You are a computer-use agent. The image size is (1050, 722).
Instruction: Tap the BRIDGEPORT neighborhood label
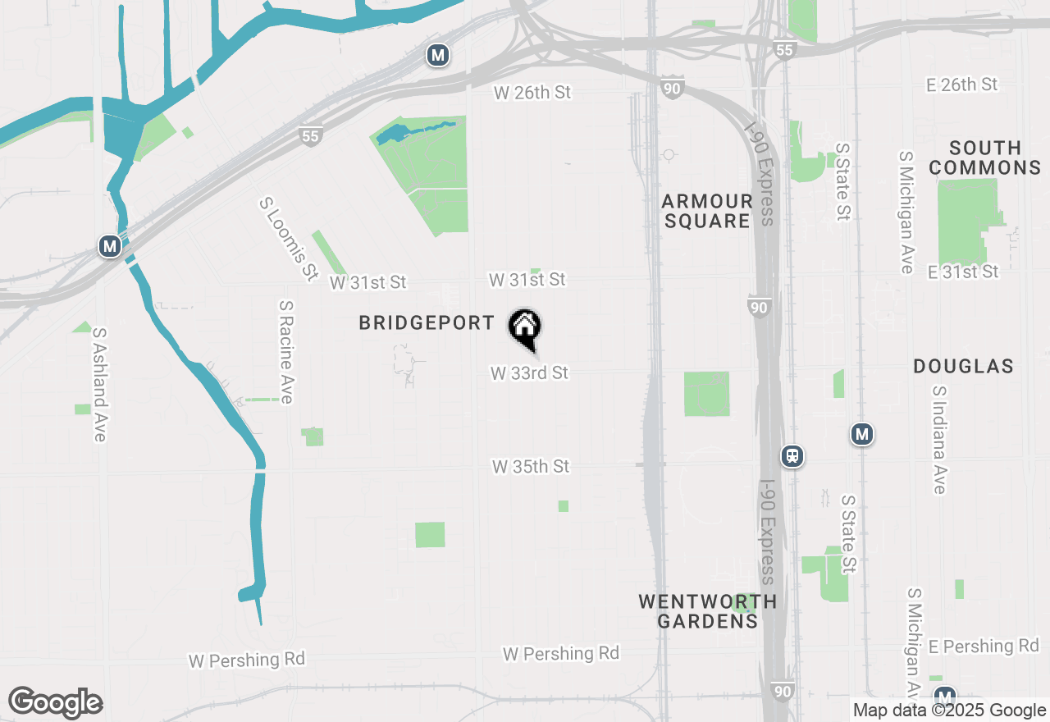pos(427,323)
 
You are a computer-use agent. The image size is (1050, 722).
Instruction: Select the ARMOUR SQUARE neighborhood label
pos(707,211)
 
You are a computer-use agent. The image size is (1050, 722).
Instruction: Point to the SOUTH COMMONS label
pos(985,158)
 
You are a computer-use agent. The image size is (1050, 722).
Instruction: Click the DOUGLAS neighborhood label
pos(964,366)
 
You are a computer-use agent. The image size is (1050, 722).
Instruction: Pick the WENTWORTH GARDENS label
pos(707,611)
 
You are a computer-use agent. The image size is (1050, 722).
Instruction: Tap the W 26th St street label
pos(532,93)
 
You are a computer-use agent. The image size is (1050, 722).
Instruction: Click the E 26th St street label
pos(961,85)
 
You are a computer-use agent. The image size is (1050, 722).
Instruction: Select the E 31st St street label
pos(962,272)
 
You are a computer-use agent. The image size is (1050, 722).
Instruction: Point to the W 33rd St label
pos(529,373)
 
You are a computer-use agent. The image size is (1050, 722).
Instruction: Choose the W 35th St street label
pos(531,467)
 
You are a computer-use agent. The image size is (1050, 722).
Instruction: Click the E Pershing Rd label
pos(984,647)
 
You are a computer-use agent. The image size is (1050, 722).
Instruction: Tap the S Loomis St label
pos(288,238)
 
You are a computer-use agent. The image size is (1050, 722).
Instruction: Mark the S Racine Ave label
pos(286,351)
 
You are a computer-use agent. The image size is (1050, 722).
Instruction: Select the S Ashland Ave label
pos(100,385)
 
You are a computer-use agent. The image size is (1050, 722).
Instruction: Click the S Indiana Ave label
pos(939,440)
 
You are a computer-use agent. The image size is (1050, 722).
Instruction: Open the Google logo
pos(55,702)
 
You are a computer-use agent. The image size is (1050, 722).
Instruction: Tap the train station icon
pos(792,456)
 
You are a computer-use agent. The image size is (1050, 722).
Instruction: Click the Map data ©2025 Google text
pos(949,711)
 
